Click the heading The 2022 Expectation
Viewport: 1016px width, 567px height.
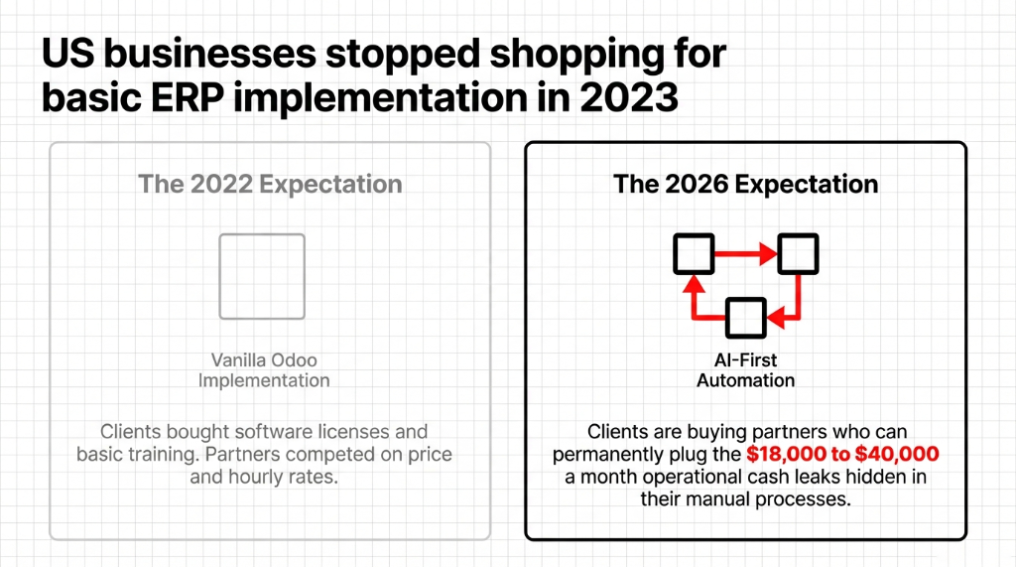[270, 185]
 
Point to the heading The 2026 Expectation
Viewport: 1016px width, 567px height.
[745, 185]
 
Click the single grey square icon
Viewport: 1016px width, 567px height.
[262, 276]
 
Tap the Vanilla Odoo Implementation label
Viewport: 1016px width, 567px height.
[263, 369]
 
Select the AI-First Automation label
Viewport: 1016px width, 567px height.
[745, 370]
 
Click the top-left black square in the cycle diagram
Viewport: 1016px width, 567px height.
[693, 253]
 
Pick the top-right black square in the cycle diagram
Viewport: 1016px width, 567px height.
[798, 253]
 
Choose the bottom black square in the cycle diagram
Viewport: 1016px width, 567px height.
[745, 317]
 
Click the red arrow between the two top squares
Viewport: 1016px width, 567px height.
[745, 254]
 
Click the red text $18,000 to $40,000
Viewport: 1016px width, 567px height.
[842, 454]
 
